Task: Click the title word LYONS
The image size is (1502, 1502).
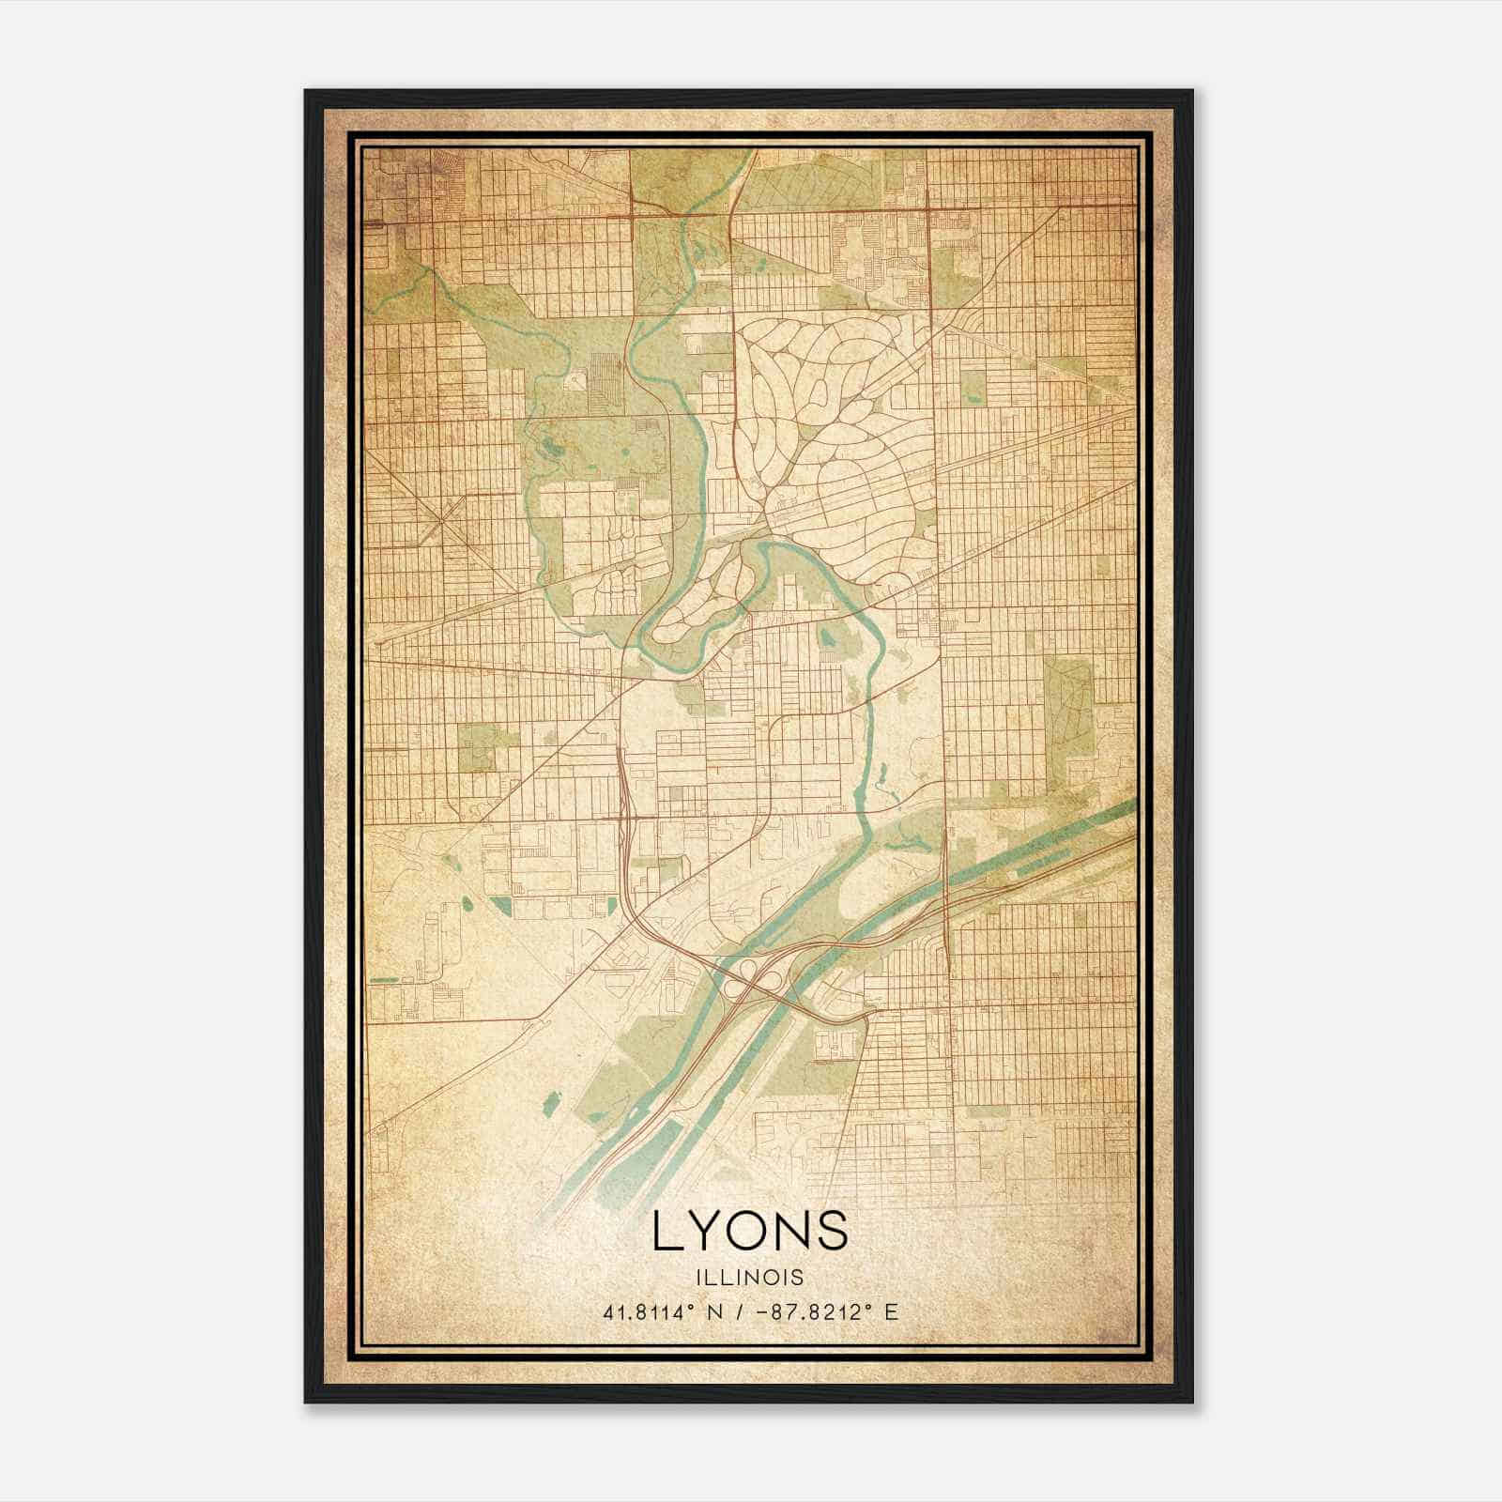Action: [x=750, y=1232]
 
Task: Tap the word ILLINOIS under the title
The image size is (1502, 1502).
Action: [x=750, y=1278]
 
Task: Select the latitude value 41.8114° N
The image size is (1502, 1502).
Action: [x=657, y=1311]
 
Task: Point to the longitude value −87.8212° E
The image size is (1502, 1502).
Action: [x=811, y=1311]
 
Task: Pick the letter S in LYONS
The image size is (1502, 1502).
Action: [x=832, y=1232]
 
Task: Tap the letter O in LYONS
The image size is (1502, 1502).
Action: [x=747, y=1232]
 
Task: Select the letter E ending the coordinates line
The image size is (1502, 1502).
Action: [x=892, y=1311]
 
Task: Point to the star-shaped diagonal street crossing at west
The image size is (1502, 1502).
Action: [x=441, y=515]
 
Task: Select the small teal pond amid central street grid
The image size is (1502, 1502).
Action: [x=827, y=637]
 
